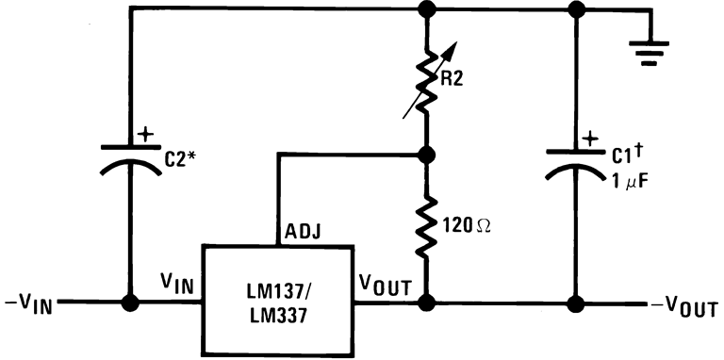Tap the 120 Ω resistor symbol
427,226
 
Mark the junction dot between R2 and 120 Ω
427,154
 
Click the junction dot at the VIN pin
128,304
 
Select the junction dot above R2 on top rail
427,10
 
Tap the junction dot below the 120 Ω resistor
427,304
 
